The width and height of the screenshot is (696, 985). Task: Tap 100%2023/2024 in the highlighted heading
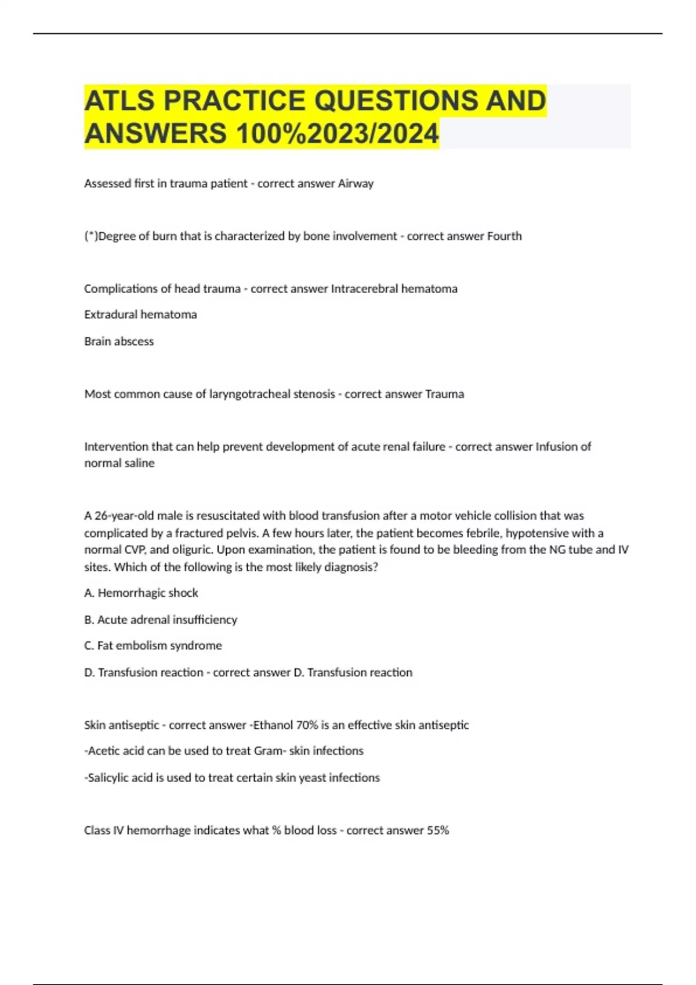[337, 134]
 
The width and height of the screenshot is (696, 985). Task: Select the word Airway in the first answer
[356, 184]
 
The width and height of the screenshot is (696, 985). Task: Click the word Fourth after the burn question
[504, 236]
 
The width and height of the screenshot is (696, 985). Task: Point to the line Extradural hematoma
[140, 315]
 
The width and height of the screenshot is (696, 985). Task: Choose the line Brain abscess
[119, 341]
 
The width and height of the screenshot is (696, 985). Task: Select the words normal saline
[119, 463]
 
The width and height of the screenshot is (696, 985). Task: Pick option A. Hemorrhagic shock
[141, 593]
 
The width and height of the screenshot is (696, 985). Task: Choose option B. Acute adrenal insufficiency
[161, 619]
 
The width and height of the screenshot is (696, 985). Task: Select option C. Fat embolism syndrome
[153, 645]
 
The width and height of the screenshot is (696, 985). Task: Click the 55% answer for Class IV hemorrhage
[438, 830]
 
